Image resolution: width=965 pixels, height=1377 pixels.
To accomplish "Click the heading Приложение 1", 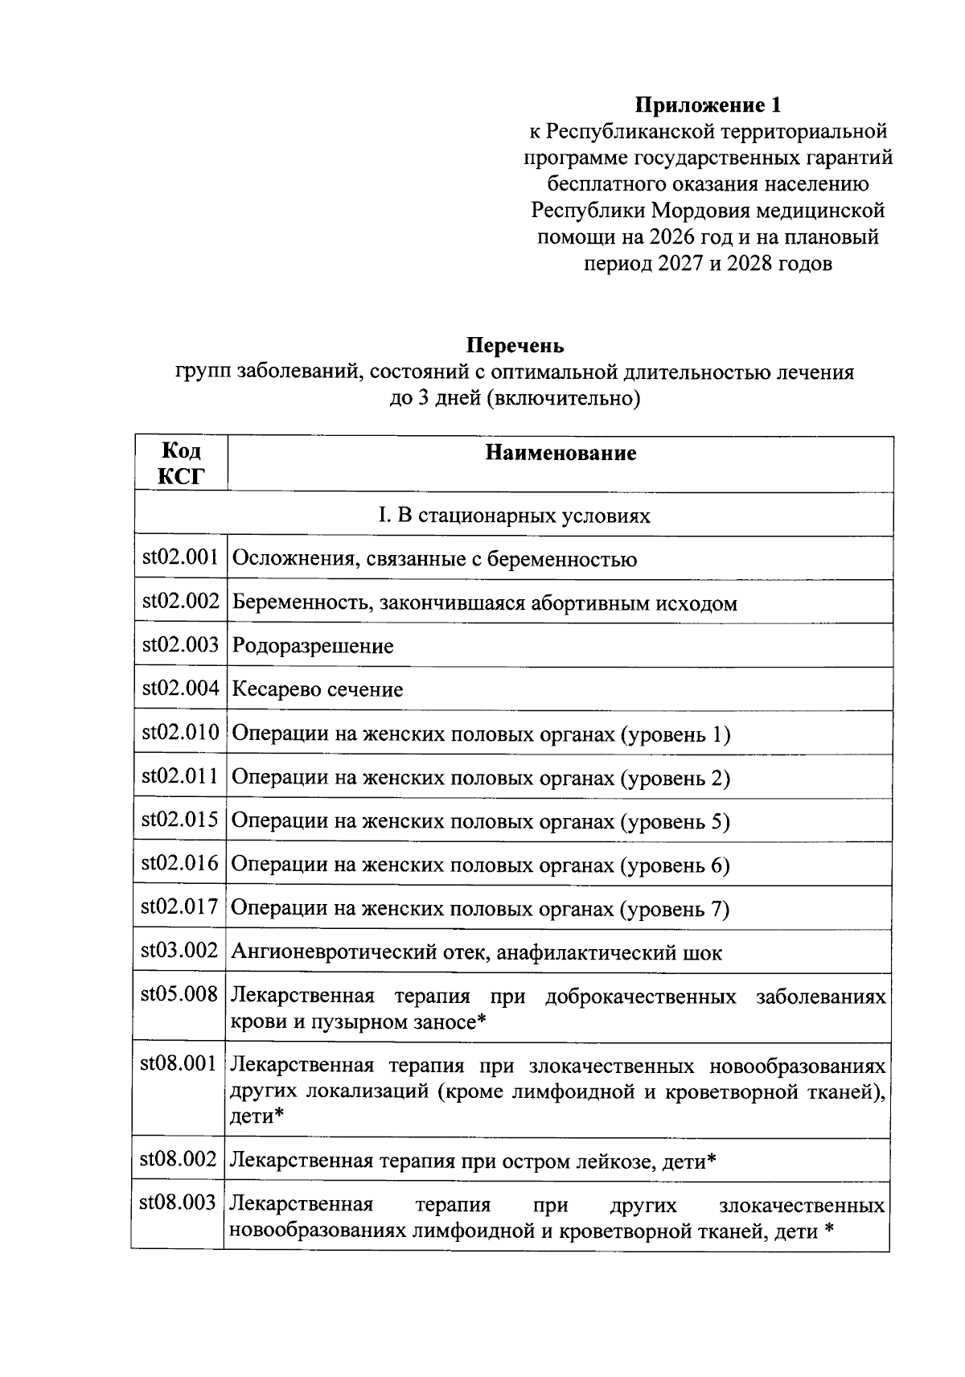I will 708,105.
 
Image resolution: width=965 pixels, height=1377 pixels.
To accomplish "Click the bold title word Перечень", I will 515,346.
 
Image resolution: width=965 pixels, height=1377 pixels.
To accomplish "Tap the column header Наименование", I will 561,453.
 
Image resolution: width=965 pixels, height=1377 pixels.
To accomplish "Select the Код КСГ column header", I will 181,463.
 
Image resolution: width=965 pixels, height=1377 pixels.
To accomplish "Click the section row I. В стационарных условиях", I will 515,515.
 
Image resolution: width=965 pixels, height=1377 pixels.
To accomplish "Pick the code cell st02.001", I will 181,558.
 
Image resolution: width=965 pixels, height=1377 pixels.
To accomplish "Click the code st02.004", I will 181,688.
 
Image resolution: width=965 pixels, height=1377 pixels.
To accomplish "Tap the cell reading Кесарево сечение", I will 318,689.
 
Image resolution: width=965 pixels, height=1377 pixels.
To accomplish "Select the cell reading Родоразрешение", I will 313,646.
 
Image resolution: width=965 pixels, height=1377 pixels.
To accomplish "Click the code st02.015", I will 181,820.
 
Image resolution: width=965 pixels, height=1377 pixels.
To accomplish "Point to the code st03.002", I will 181,951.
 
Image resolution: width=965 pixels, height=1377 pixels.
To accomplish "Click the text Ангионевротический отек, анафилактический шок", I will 477,953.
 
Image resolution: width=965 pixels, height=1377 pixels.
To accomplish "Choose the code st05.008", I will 180,995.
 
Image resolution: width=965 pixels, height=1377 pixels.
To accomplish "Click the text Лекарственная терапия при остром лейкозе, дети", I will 473,1161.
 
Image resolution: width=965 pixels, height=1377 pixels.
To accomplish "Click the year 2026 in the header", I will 669,236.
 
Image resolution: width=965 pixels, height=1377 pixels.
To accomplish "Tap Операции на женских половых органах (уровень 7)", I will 480,909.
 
